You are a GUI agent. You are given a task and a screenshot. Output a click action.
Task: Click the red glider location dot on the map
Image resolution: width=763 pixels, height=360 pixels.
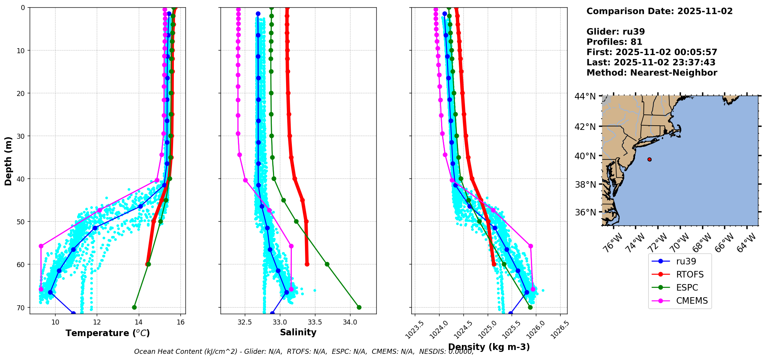point(649,159)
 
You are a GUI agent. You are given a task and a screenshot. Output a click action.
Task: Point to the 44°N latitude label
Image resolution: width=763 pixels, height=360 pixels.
point(585,96)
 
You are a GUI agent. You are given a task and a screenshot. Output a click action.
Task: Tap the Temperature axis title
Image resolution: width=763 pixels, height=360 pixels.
point(108,333)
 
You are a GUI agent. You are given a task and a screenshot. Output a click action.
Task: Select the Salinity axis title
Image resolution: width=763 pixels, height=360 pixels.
point(298,333)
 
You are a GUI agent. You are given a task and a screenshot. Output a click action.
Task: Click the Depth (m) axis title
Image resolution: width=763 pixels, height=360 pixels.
point(8,161)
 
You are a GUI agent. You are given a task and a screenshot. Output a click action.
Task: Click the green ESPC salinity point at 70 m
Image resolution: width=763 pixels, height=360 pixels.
point(359,307)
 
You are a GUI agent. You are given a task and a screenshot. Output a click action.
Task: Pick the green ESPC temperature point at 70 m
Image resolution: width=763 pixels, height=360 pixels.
point(134,307)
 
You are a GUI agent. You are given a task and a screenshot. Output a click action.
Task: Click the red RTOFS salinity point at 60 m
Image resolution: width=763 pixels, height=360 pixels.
point(307,264)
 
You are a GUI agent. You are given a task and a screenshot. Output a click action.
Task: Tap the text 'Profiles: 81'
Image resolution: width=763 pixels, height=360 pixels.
point(614,42)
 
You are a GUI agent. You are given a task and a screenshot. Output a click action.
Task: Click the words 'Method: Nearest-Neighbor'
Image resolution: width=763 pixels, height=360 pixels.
point(652,73)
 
